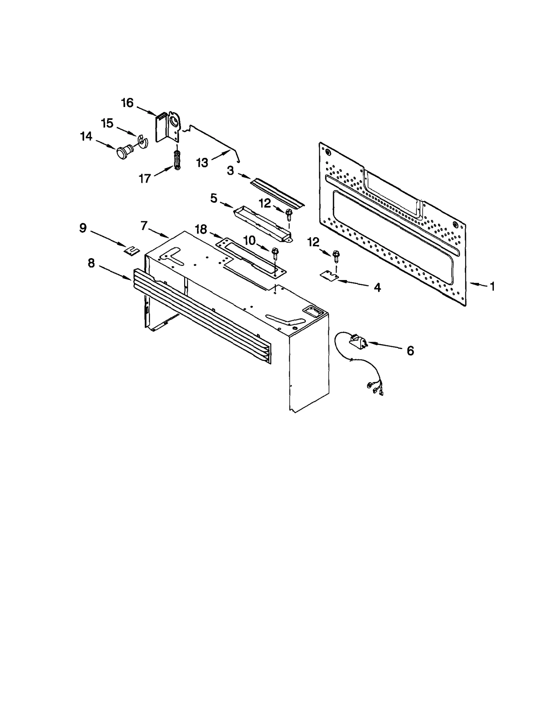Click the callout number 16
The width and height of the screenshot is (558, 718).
(x=127, y=103)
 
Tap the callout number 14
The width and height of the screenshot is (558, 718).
(x=86, y=136)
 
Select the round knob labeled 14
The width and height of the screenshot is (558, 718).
(x=123, y=152)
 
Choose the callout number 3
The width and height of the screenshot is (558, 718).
(x=230, y=171)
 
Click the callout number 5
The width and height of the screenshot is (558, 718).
(x=214, y=199)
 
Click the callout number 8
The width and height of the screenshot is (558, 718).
(x=91, y=263)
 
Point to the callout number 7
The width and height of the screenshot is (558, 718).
(x=144, y=226)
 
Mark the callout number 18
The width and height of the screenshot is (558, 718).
(x=201, y=229)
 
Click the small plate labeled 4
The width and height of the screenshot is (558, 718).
(x=330, y=276)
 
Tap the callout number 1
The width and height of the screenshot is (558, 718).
(x=492, y=286)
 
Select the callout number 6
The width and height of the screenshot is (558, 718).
(x=410, y=350)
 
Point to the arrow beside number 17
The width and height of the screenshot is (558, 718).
(x=164, y=171)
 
